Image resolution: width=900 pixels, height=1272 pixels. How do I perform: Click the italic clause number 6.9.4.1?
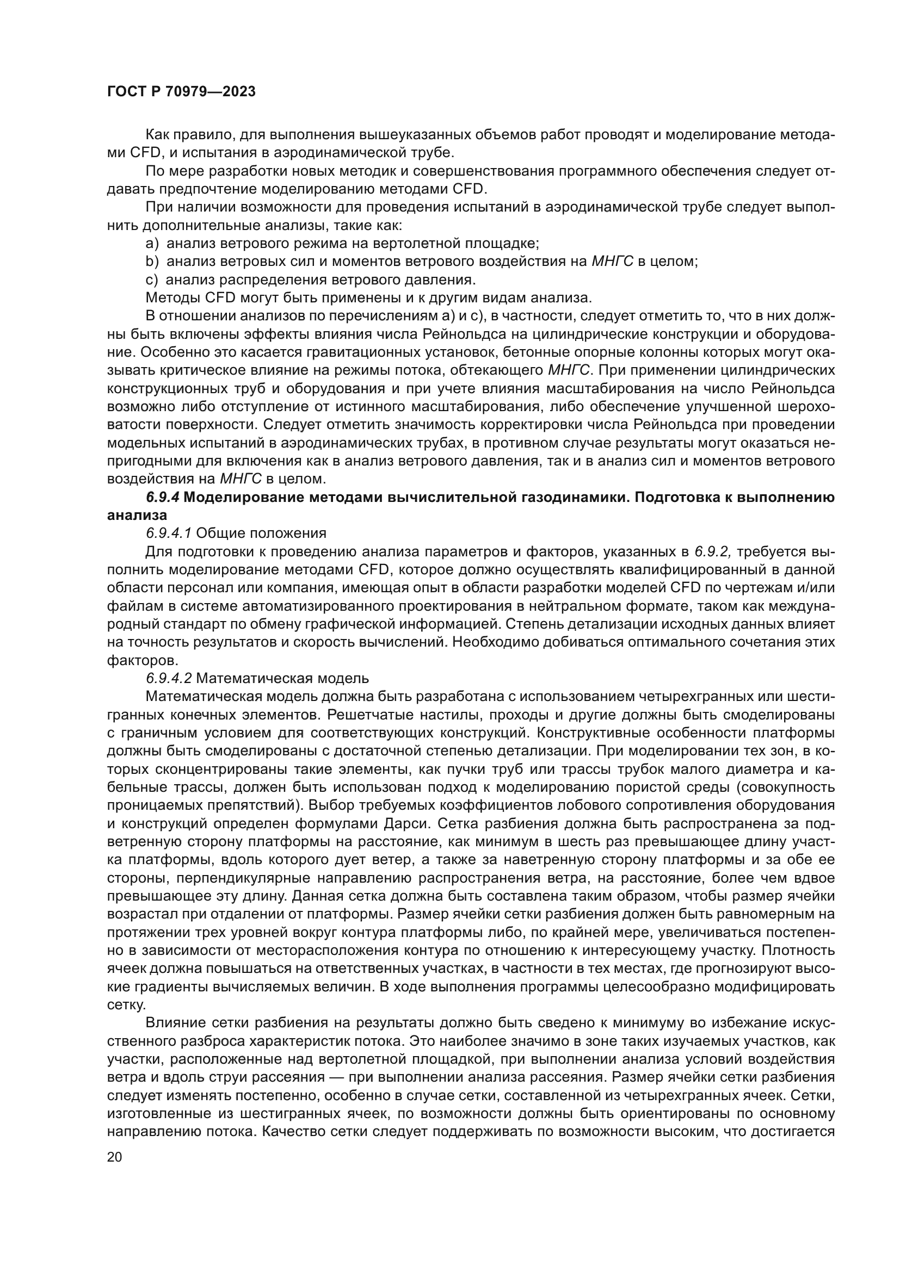tap(169, 533)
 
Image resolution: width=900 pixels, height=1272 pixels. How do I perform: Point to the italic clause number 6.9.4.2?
tap(169, 678)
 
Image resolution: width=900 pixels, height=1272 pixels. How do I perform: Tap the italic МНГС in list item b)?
tap(612, 261)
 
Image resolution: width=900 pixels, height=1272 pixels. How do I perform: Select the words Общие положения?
tap(261, 533)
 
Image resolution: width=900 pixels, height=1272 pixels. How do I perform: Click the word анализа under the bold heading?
tap(137, 515)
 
